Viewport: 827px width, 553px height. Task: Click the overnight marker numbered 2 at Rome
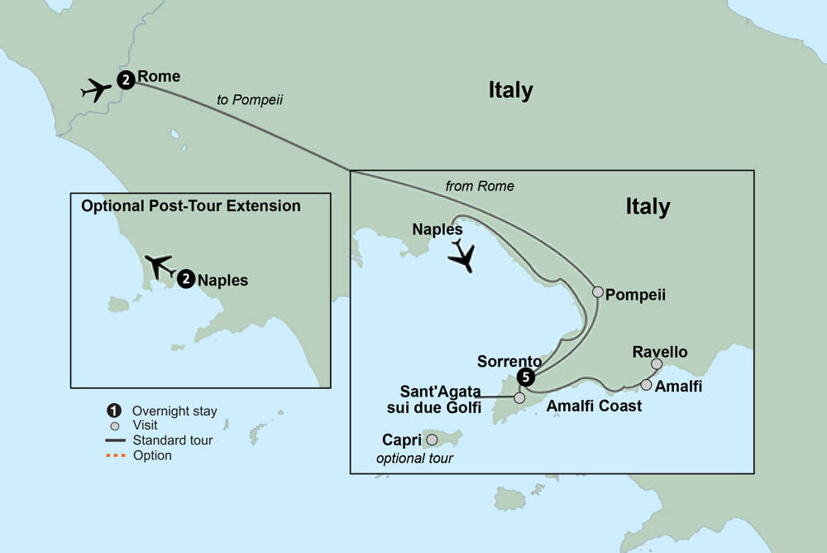[x=125, y=80]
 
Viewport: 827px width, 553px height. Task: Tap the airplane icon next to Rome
[x=97, y=89]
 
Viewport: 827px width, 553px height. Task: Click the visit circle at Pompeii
[x=598, y=291]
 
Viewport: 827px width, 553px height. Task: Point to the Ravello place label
[x=659, y=352]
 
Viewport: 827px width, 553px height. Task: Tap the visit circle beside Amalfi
[x=646, y=384]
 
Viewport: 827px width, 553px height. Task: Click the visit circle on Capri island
[x=431, y=440]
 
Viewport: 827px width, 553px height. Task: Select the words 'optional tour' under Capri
[x=414, y=458]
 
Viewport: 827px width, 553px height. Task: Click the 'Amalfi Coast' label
[x=594, y=406]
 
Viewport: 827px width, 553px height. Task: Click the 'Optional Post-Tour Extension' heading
[x=191, y=205]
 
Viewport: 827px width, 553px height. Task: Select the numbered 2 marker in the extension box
[x=186, y=280]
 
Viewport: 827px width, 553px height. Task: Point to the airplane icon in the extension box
[x=160, y=267]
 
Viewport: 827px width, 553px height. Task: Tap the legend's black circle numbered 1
[x=114, y=411]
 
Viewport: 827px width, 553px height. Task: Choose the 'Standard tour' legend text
[x=172, y=440]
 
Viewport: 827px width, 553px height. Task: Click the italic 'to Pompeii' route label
[x=251, y=99]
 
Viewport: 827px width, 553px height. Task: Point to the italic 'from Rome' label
[x=480, y=186]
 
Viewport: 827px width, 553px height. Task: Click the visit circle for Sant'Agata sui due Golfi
[x=519, y=398]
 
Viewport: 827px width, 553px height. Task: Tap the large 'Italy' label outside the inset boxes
[x=510, y=90]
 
